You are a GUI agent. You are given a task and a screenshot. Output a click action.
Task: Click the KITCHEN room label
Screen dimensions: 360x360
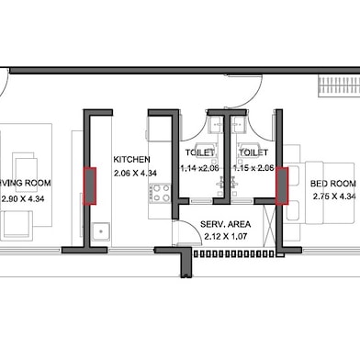pyautogui.click(x=131, y=159)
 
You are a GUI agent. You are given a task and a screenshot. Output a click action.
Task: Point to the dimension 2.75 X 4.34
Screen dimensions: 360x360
pyautogui.click(x=333, y=197)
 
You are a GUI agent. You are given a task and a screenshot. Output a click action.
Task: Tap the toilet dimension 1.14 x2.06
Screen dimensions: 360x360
pyautogui.click(x=200, y=168)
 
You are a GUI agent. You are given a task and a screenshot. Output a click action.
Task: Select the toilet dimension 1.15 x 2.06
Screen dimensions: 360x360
pyautogui.click(x=253, y=168)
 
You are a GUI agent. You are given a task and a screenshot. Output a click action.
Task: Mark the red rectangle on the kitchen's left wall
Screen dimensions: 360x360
pyautogui.click(x=90, y=186)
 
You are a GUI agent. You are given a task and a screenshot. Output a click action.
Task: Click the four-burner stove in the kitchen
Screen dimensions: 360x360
pyautogui.click(x=160, y=193)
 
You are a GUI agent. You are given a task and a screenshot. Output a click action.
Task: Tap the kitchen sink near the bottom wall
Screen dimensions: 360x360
pyautogui.click(x=101, y=231)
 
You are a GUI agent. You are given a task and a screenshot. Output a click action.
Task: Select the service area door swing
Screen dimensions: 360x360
pyautogui.click(x=186, y=231)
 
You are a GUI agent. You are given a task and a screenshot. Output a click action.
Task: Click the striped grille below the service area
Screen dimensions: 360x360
pyautogui.click(x=226, y=259)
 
